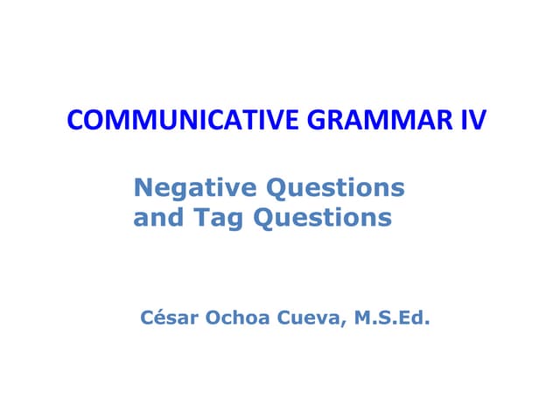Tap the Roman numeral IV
(471, 120)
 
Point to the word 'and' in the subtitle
(152, 217)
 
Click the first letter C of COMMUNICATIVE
(75, 120)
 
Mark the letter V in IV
(476, 120)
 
